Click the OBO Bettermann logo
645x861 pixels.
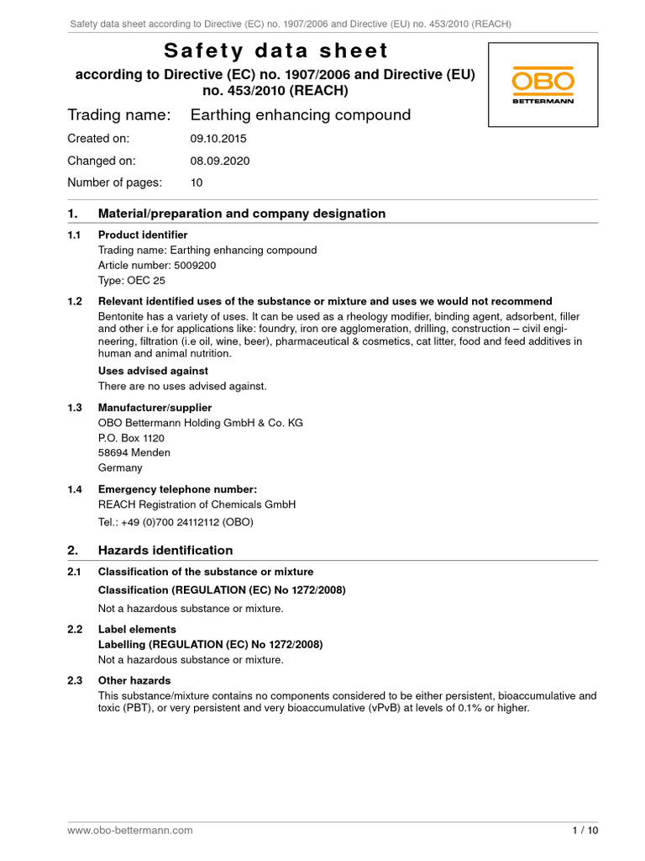(x=543, y=87)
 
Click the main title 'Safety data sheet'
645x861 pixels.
(x=275, y=51)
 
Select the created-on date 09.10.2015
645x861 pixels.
(x=218, y=138)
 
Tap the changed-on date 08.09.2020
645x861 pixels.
(x=219, y=160)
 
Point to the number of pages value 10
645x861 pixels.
(x=197, y=182)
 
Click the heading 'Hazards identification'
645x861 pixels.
(x=165, y=550)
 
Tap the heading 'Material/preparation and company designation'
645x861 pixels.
(x=242, y=214)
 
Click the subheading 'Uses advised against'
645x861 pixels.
(x=153, y=371)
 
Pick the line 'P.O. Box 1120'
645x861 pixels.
(x=131, y=438)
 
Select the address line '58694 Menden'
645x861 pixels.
(x=134, y=452)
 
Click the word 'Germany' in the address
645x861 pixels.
(x=120, y=467)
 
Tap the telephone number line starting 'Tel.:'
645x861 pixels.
(x=176, y=521)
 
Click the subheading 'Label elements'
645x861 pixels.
(x=137, y=629)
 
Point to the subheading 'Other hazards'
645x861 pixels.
(x=134, y=680)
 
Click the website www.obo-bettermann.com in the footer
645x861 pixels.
(x=130, y=830)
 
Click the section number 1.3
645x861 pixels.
(x=75, y=408)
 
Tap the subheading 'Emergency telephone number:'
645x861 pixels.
(x=177, y=489)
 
